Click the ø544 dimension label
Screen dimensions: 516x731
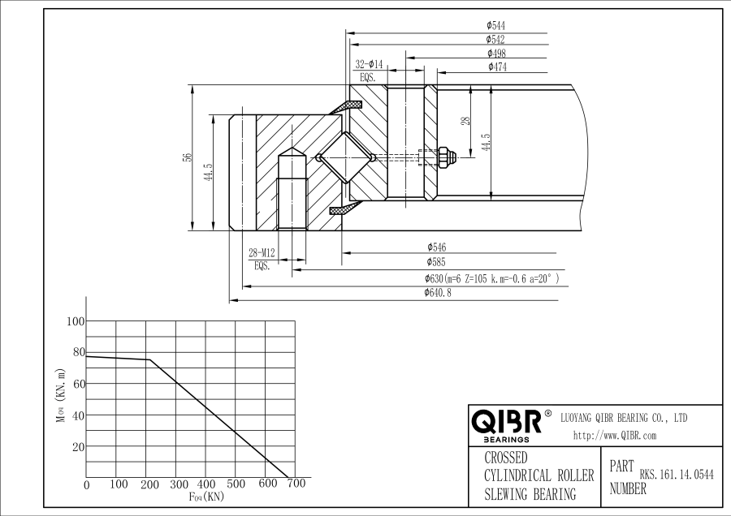tap(496, 26)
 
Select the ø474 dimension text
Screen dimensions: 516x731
tap(497, 67)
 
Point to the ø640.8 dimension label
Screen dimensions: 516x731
tap(438, 293)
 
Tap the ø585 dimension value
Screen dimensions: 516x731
tap(436, 262)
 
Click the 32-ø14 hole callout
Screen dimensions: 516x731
tap(369, 63)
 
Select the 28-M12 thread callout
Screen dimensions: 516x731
tap(262, 253)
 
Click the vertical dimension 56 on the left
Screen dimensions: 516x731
tap(186, 157)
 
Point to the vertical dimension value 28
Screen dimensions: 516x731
tap(465, 121)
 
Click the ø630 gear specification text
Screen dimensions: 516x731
tap(491, 278)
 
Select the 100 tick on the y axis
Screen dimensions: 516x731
tap(75, 321)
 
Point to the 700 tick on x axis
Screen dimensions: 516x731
tap(296, 484)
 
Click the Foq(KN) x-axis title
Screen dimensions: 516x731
tap(205, 497)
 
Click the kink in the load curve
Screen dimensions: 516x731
tap(149, 359)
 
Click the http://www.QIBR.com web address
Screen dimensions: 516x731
tap(615, 435)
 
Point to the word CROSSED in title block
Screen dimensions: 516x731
tap(506, 458)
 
